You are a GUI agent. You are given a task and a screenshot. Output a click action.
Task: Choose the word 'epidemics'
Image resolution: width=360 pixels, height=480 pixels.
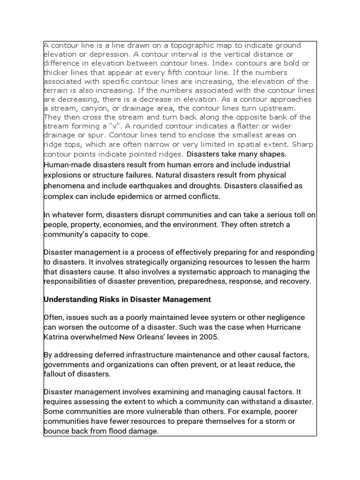[134, 196]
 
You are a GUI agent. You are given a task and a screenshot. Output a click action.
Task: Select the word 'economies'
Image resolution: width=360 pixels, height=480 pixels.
[127, 225]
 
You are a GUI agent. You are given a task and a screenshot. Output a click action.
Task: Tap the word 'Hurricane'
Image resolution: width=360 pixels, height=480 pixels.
[285, 327]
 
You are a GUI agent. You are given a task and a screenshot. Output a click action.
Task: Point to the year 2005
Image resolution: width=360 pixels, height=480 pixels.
[209, 337]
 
